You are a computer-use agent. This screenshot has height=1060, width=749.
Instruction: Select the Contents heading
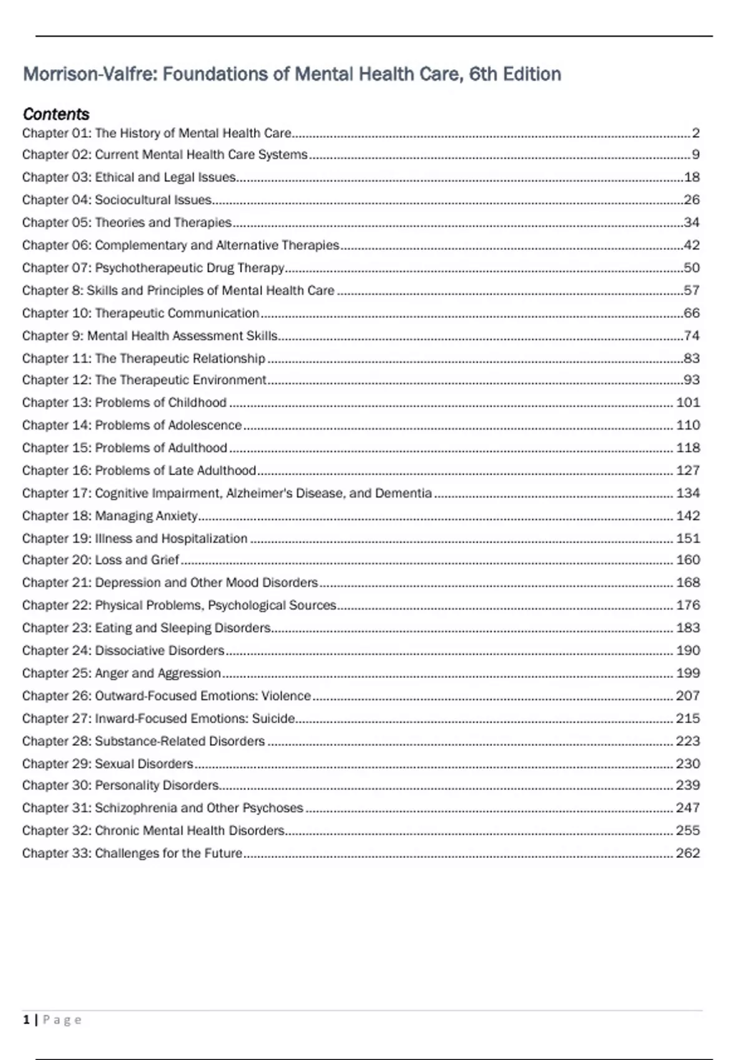pyautogui.click(x=56, y=114)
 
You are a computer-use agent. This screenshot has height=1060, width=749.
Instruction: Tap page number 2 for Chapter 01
pyautogui.click(x=695, y=133)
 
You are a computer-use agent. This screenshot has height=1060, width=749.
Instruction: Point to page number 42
pyautogui.click(x=692, y=245)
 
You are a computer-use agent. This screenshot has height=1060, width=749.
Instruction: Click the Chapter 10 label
pyautogui.click(x=56, y=313)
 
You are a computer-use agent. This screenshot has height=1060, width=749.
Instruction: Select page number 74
pyautogui.click(x=692, y=335)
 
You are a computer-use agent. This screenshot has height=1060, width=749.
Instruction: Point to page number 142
pyautogui.click(x=688, y=516)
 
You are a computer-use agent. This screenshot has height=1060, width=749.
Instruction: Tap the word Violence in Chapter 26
pyautogui.click(x=286, y=696)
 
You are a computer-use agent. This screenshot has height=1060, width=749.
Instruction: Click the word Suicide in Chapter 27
pyautogui.click(x=273, y=718)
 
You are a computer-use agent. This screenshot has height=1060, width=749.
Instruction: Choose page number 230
pyautogui.click(x=688, y=763)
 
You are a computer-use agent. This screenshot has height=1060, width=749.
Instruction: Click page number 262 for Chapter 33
pyautogui.click(x=688, y=853)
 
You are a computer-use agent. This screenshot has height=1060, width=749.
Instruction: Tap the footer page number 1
pyautogui.click(x=26, y=1020)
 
